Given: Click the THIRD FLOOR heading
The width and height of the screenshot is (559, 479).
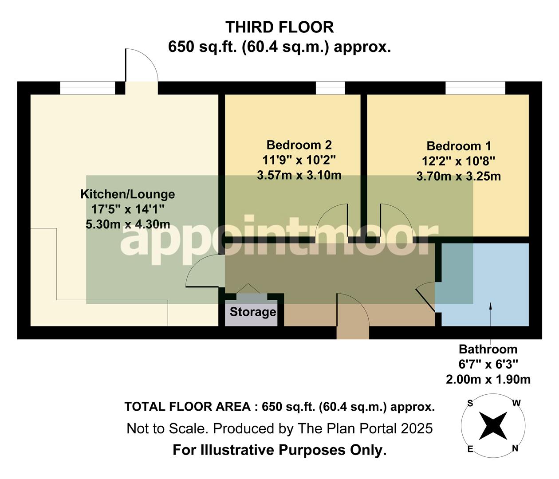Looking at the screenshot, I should [x=279, y=27].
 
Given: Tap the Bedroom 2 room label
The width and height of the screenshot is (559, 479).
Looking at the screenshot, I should [x=299, y=145].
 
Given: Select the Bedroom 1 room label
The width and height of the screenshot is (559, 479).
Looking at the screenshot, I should [x=458, y=146].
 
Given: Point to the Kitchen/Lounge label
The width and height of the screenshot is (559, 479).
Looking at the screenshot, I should [x=127, y=194].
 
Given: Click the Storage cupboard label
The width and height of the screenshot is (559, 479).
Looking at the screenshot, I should [x=252, y=312].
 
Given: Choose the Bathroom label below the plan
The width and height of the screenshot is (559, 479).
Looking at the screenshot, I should [x=488, y=349].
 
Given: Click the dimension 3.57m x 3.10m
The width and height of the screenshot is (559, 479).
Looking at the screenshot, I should [x=299, y=175].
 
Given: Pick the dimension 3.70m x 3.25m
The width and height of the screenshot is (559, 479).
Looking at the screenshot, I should [x=458, y=177].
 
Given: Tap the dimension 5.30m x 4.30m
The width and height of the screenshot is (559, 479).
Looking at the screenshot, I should [x=127, y=224].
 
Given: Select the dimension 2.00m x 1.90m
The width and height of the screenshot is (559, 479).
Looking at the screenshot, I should [x=488, y=380].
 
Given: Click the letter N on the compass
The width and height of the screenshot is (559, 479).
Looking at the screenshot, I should [x=515, y=448].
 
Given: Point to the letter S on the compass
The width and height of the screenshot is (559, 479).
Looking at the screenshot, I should [x=470, y=403].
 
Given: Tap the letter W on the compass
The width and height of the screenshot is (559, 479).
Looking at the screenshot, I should [x=516, y=403].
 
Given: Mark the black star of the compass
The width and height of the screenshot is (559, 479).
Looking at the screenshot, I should [x=493, y=425].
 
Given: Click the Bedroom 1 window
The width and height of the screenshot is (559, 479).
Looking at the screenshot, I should [x=475, y=88].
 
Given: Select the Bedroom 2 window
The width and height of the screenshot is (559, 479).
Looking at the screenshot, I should [x=330, y=88].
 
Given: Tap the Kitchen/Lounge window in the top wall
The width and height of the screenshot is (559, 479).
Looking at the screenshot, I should [x=87, y=88].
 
